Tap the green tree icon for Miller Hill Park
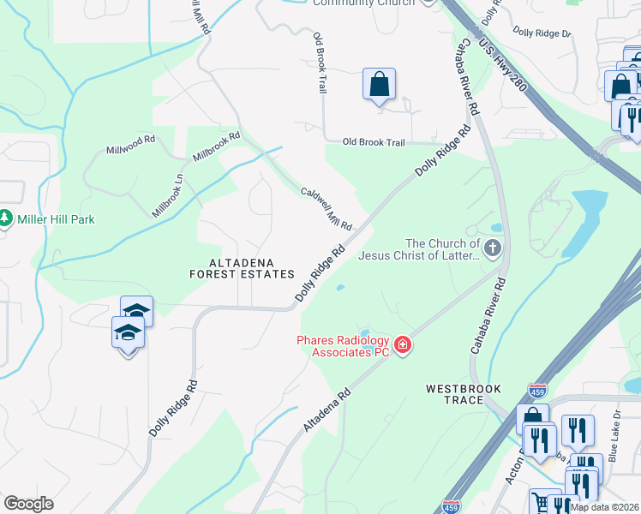[6, 219]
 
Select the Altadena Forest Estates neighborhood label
[242, 267]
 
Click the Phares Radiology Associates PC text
[343, 346]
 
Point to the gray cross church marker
[492, 249]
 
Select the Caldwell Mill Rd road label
[326, 208]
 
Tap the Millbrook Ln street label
[168, 196]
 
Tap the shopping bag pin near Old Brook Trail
[379, 86]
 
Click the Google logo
[28, 504]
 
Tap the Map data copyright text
[604, 507]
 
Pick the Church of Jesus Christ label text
[420, 249]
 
